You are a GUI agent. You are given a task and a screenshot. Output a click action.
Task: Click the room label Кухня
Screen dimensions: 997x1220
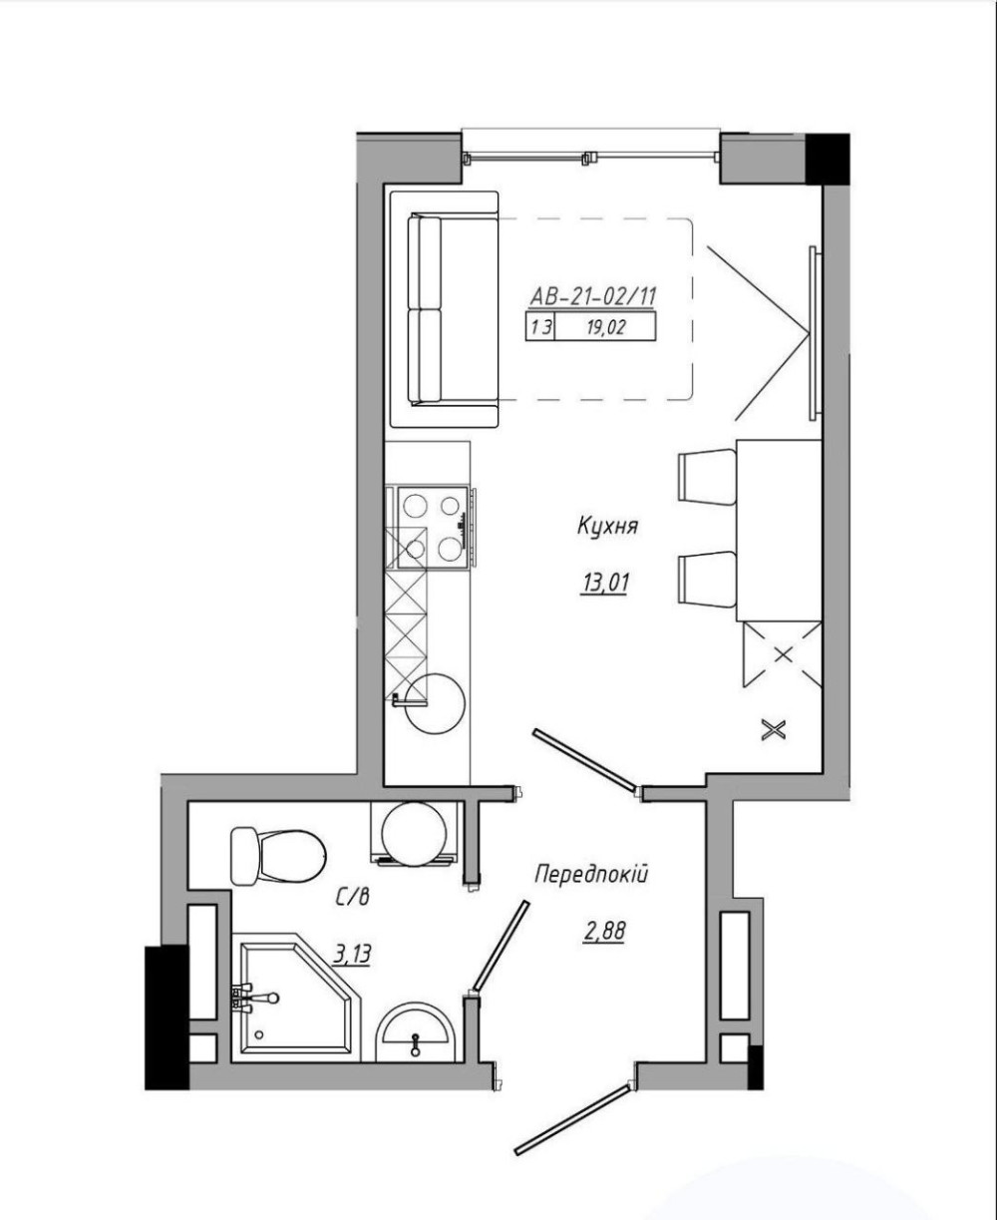[x=607, y=528]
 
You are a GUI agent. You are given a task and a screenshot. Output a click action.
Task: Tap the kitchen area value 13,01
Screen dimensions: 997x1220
[x=605, y=583]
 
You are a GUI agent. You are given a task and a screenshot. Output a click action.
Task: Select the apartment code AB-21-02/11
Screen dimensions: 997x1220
[x=593, y=296]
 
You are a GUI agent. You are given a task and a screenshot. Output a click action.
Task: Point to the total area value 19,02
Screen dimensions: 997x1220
[x=605, y=328]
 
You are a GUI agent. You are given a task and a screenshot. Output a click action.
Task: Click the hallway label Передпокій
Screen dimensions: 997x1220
[x=591, y=874]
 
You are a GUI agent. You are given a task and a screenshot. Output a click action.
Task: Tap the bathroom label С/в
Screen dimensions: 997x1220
[x=352, y=897]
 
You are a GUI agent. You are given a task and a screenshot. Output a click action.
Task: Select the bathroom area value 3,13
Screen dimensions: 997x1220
[x=352, y=953]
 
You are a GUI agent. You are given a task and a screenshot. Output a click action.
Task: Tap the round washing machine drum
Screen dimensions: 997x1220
[x=415, y=834]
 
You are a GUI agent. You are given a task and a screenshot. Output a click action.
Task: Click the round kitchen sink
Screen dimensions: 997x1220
[x=435, y=703]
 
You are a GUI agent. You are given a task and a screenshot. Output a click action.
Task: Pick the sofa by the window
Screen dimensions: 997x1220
[x=444, y=309]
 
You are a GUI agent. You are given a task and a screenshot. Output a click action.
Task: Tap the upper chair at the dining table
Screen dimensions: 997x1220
[x=707, y=476]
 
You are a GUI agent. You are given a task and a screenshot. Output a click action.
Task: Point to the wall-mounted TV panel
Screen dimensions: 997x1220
[x=815, y=332]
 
